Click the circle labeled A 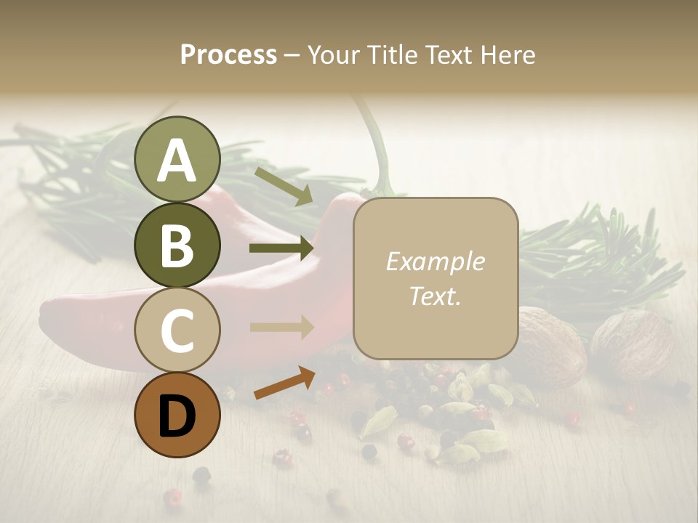(x=177, y=160)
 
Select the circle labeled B (x=177, y=246)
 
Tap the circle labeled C (x=177, y=331)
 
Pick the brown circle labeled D (x=177, y=415)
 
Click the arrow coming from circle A (x=284, y=186)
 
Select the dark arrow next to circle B (x=281, y=248)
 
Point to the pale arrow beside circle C (x=281, y=327)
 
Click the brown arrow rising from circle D (x=284, y=383)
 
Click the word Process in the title (x=228, y=55)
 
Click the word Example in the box (x=436, y=261)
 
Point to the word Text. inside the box (x=436, y=296)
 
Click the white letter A (x=177, y=160)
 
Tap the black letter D (x=177, y=416)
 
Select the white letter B (x=177, y=246)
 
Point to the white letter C (x=177, y=331)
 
